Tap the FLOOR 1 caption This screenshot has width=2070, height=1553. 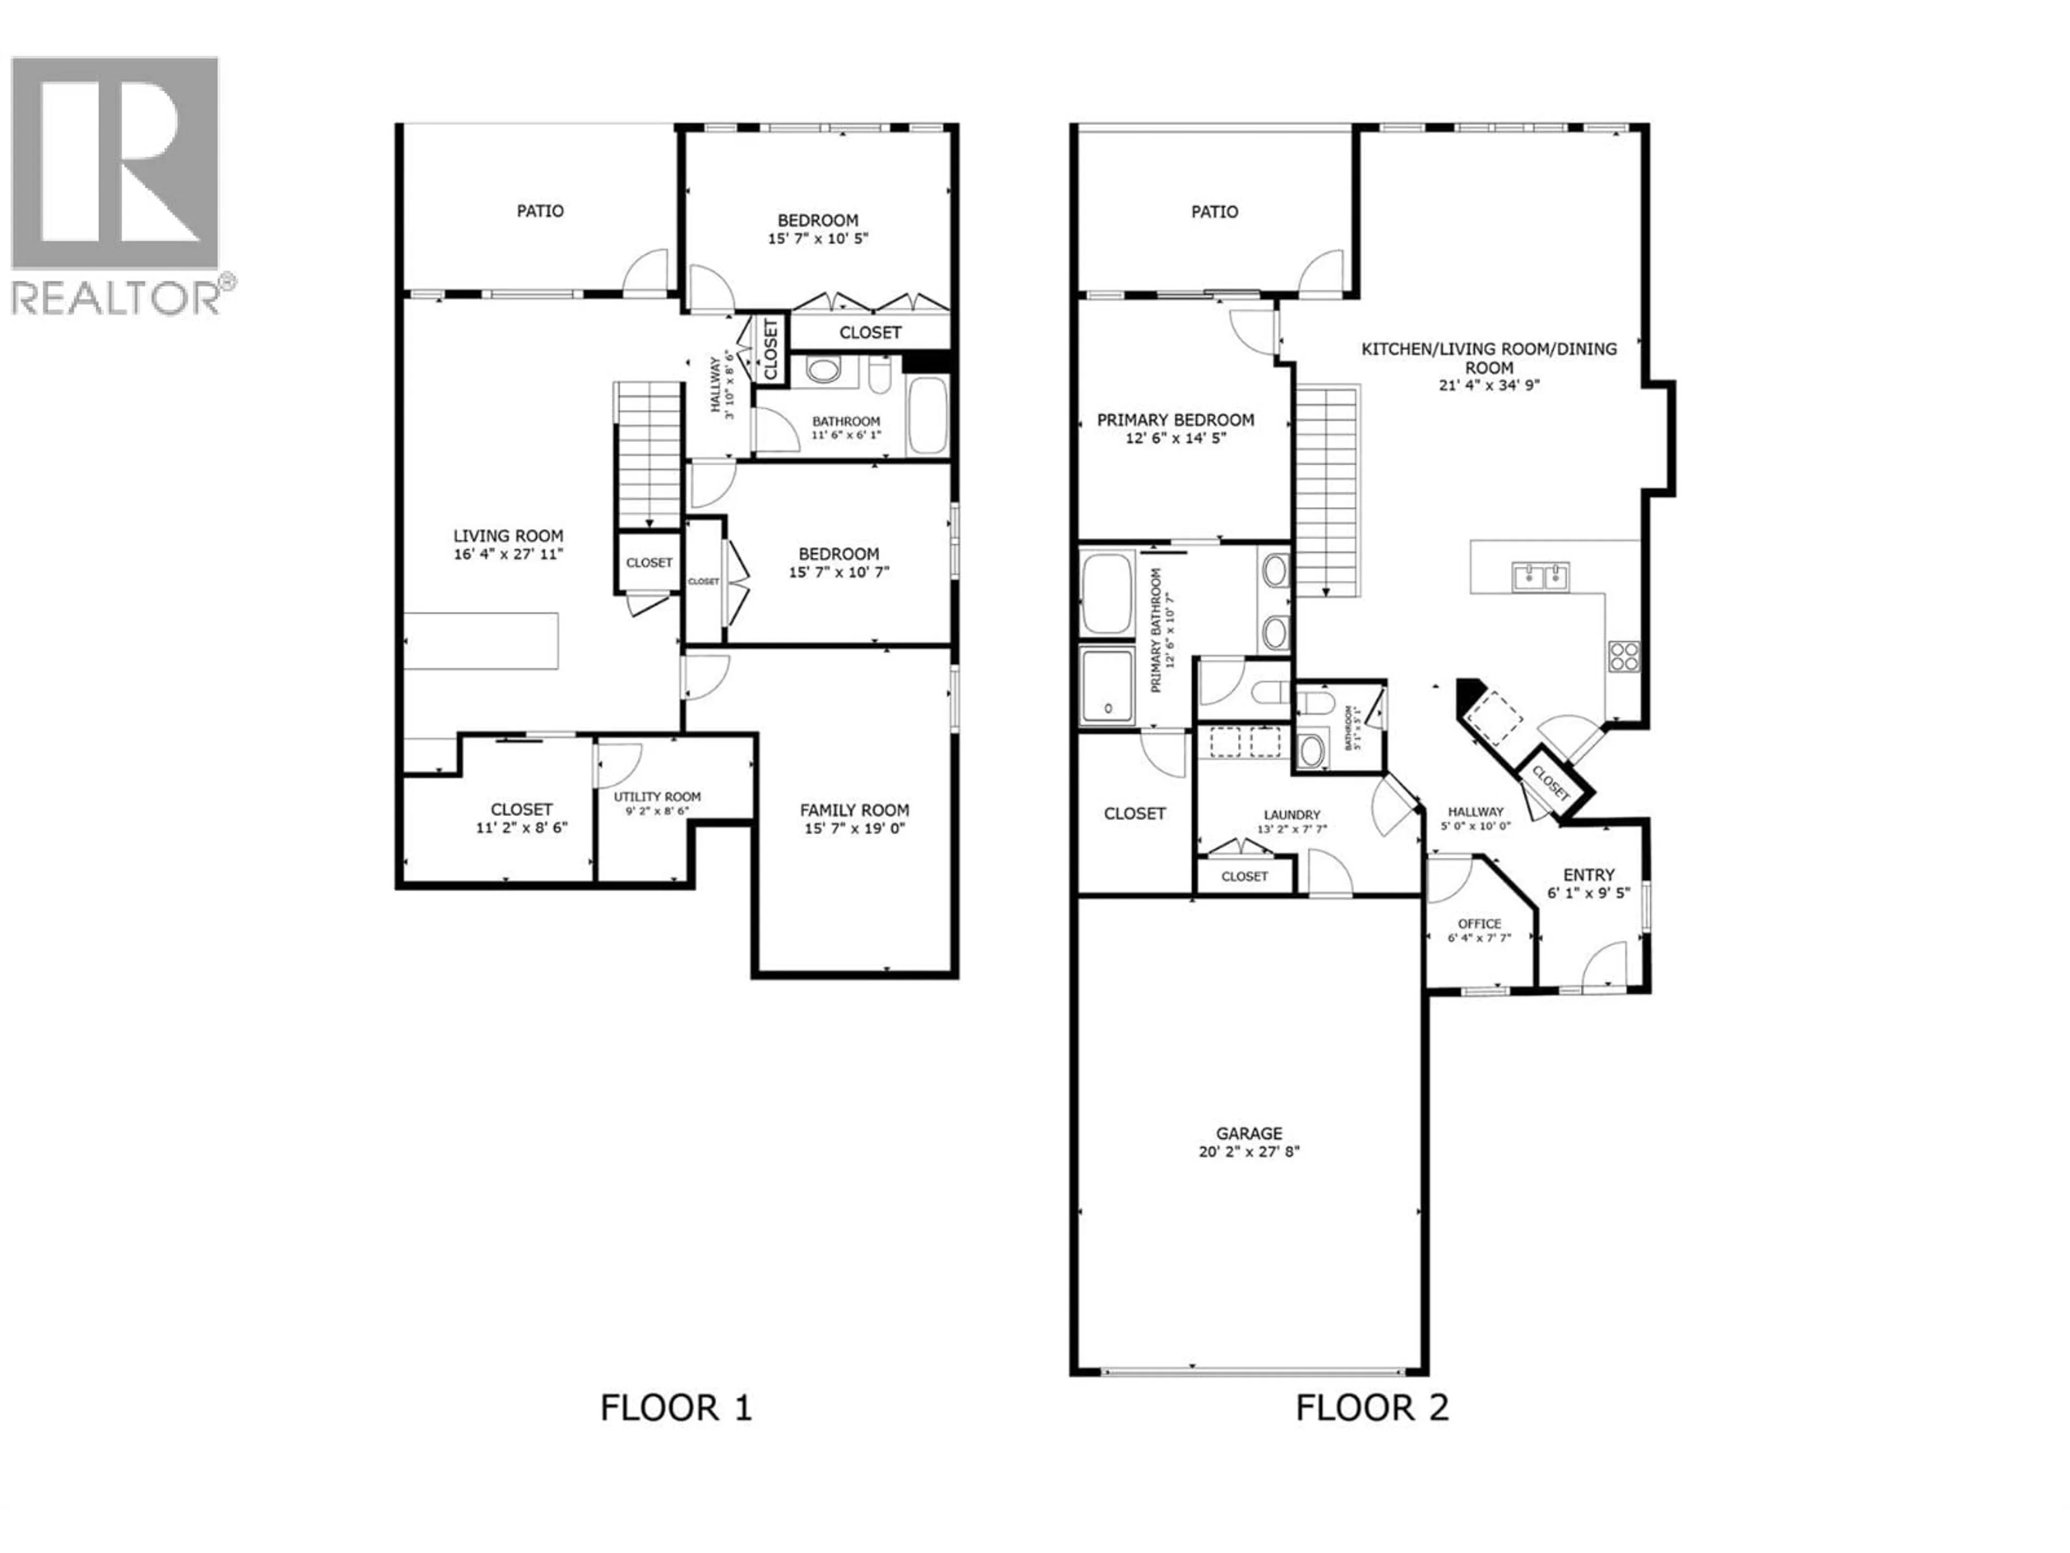[675, 1407]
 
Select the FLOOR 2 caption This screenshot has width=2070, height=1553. [1372, 1407]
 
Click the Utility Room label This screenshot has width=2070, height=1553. [657, 796]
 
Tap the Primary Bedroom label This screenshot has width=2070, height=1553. [1175, 420]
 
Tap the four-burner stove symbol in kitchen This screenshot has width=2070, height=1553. [1624, 655]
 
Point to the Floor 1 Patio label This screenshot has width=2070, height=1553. [540, 211]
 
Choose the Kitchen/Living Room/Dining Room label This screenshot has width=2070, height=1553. [1488, 358]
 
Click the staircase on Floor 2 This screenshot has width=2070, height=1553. [1326, 491]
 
